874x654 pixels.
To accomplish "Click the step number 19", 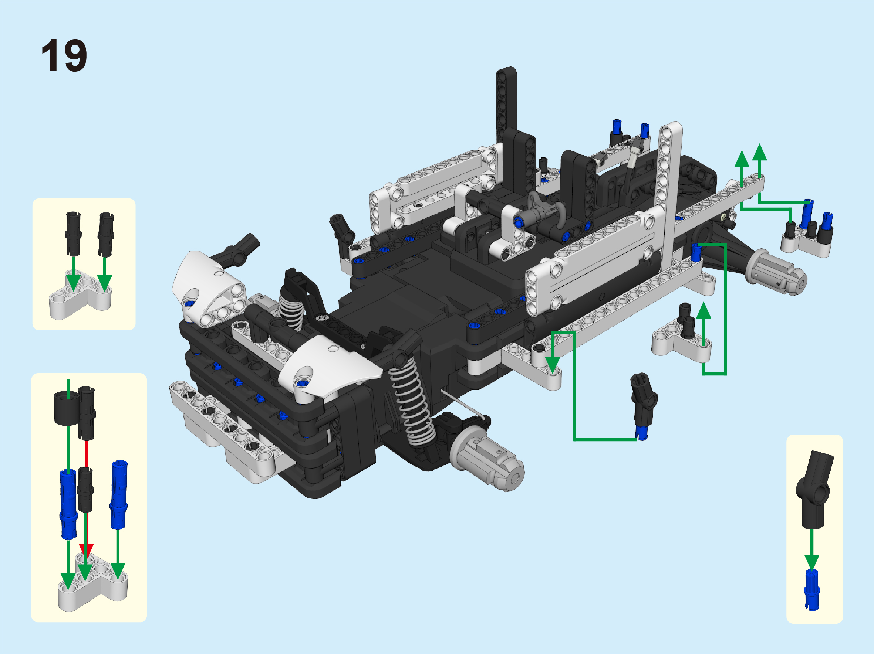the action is pos(64,56).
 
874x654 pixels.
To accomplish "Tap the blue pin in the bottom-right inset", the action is pos(812,590).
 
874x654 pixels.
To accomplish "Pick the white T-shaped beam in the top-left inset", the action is pos(80,294).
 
